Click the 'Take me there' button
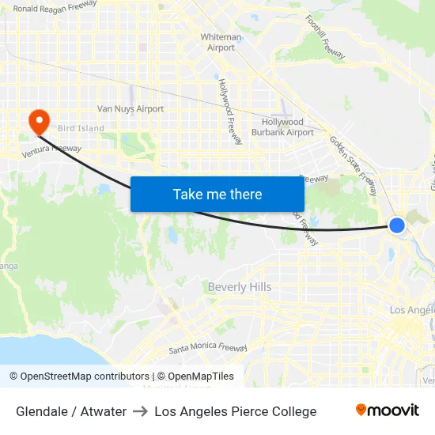click(x=217, y=194)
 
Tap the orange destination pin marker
click(x=38, y=121)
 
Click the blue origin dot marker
click(x=397, y=225)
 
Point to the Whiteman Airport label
click(x=221, y=43)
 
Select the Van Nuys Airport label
click(x=130, y=109)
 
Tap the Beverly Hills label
click(x=239, y=287)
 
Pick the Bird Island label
click(x=80, y=128)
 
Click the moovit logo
click(x=388, y=410)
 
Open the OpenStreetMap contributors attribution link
click(x=85, y=376)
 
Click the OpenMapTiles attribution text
click(x=195, y=376)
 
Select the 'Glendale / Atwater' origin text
click(x=71, y=411)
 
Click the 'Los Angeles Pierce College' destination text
click(x=236, y=411)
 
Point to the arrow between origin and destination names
click(x=141, y=411)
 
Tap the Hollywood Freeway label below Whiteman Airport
click(x=230, y=111)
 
